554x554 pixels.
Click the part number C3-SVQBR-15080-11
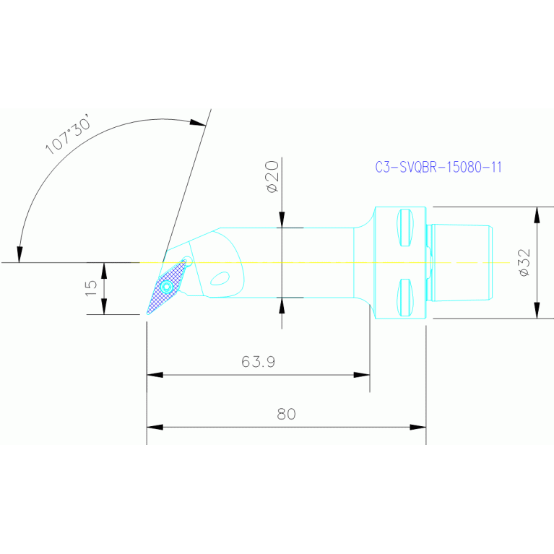tap(438, 167)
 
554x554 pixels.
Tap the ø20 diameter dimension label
tap(272, 177)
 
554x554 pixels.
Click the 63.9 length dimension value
tap(258, 362)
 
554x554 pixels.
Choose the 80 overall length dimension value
tap(286, 414)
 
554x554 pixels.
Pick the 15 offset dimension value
tap(91, 287)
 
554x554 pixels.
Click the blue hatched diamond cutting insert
tap(167, 287)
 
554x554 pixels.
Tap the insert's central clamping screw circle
tap(168, 287)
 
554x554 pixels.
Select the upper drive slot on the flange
tap(404, 227)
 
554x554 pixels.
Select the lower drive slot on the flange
tap(404, 298)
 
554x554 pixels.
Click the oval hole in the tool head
tap(220, 277)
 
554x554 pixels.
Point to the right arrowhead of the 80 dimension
tap(418, 427)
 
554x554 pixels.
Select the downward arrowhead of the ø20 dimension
tap(282, 220)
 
